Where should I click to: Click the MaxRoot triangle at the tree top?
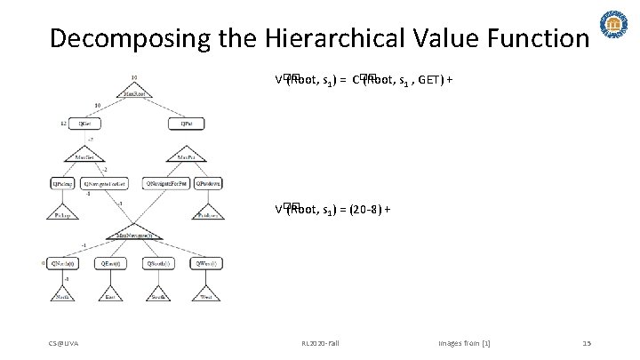coord(133,90)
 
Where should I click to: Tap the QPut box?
coord(186,124)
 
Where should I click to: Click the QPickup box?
coord(63,183)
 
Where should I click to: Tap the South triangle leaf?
coord(160,293)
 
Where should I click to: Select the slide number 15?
coord(587,342)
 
